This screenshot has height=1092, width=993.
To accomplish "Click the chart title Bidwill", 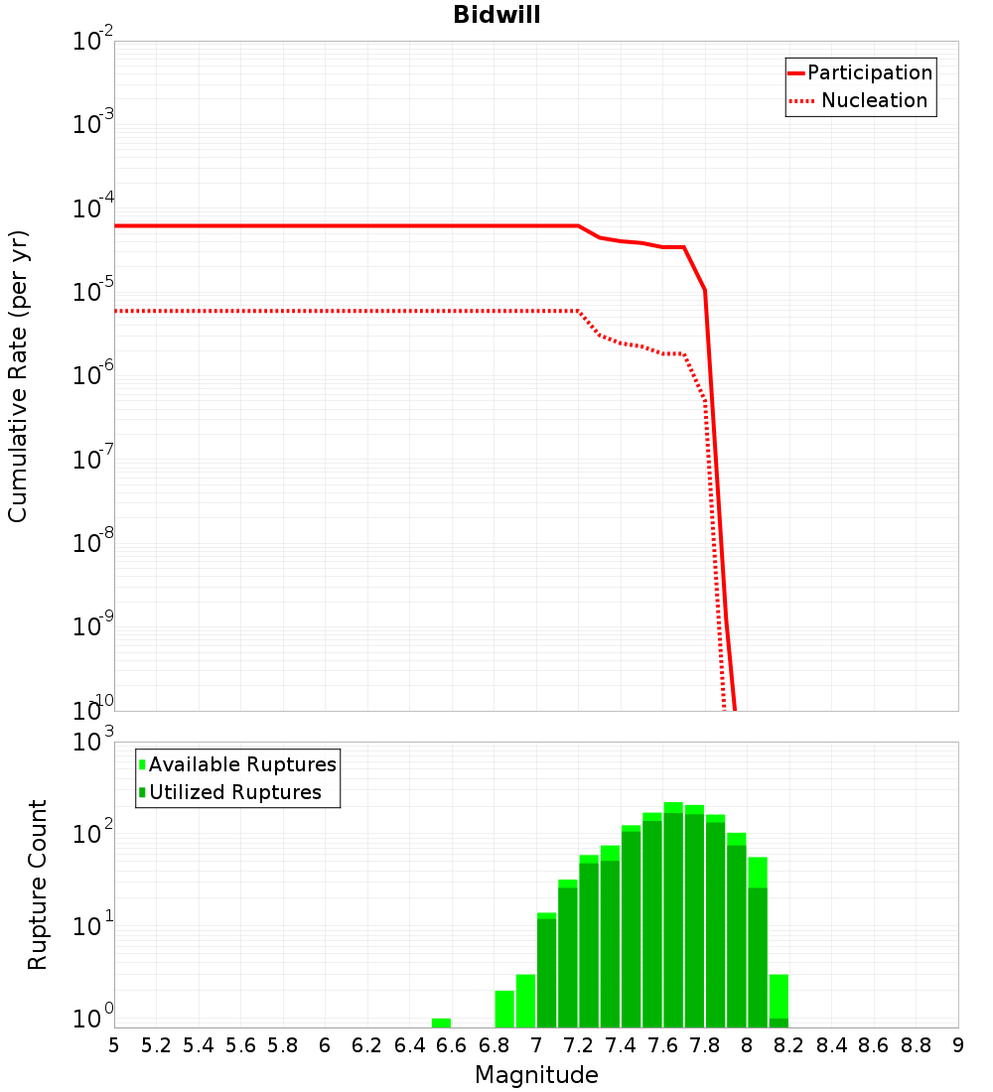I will point(496,16).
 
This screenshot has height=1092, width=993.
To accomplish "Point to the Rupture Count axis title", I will point(38,885).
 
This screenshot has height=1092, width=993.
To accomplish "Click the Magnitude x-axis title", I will point(536,1075).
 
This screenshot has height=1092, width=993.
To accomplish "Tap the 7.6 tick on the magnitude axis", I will point(662,1045).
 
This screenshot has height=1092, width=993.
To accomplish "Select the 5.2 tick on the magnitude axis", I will point(156,1045).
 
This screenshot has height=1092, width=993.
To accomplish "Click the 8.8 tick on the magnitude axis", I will point(916,1045).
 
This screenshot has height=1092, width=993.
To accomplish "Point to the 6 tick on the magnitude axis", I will point(325,1045).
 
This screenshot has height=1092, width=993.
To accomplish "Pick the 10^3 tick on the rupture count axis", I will point(91,744).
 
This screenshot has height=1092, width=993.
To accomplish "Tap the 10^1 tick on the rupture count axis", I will point(91,928).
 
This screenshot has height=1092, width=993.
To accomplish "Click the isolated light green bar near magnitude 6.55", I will point(441,1023).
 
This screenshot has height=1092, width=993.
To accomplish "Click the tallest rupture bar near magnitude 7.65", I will point(673,913).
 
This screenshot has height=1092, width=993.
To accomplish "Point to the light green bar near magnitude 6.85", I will point(504,1009).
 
